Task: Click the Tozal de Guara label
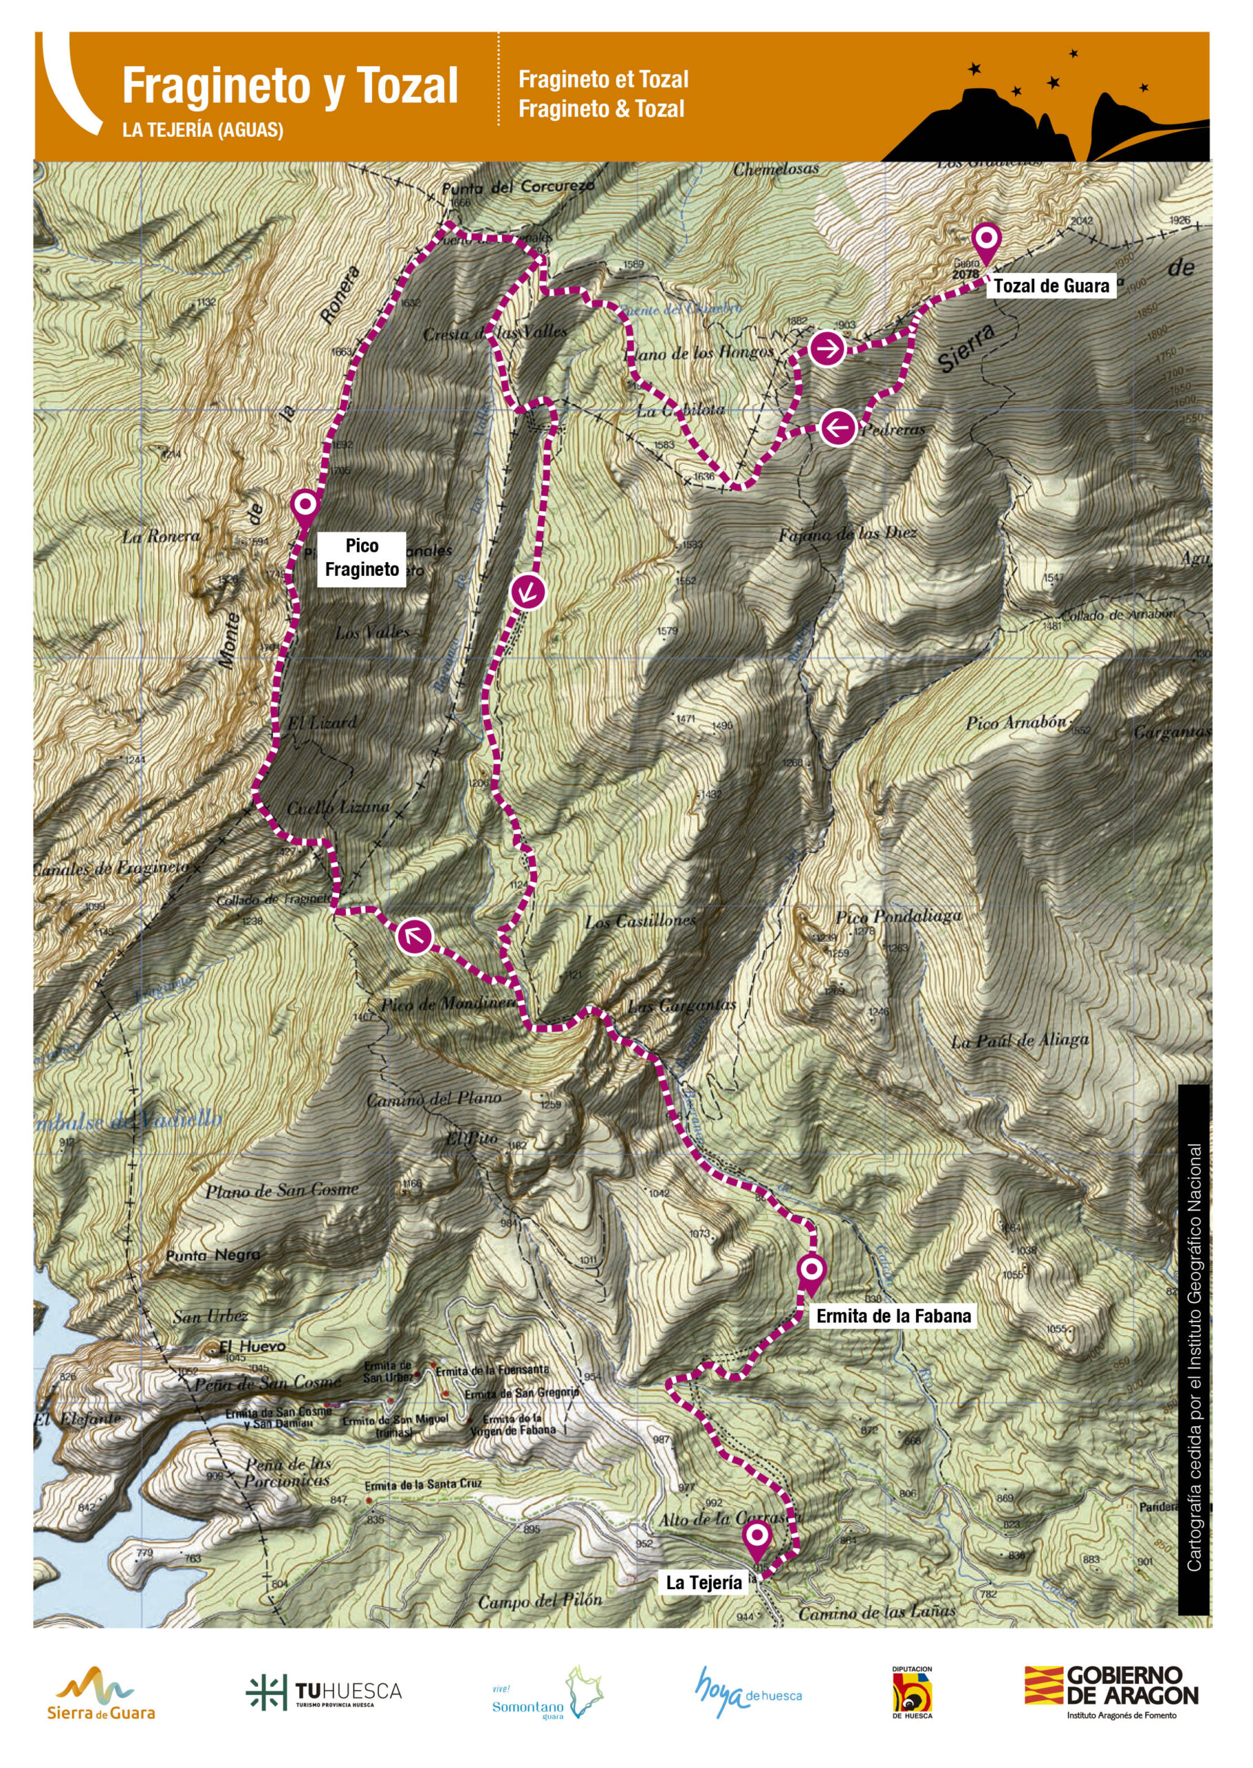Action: (x=1051, y=287)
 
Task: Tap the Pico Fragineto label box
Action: (x=362, y=557)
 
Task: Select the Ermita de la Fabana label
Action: (x=893, y=1316)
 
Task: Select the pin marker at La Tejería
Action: (x=757, y=1536)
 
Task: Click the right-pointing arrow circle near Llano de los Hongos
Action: (x=826, y=349)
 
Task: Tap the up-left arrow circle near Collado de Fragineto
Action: (x=414, y=937)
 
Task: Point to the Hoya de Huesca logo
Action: (x=748, y=1691)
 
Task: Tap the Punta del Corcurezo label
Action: (x=518, y=186)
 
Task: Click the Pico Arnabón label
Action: (x=1017, y=723)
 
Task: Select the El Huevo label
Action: (x=252, y=1345)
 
